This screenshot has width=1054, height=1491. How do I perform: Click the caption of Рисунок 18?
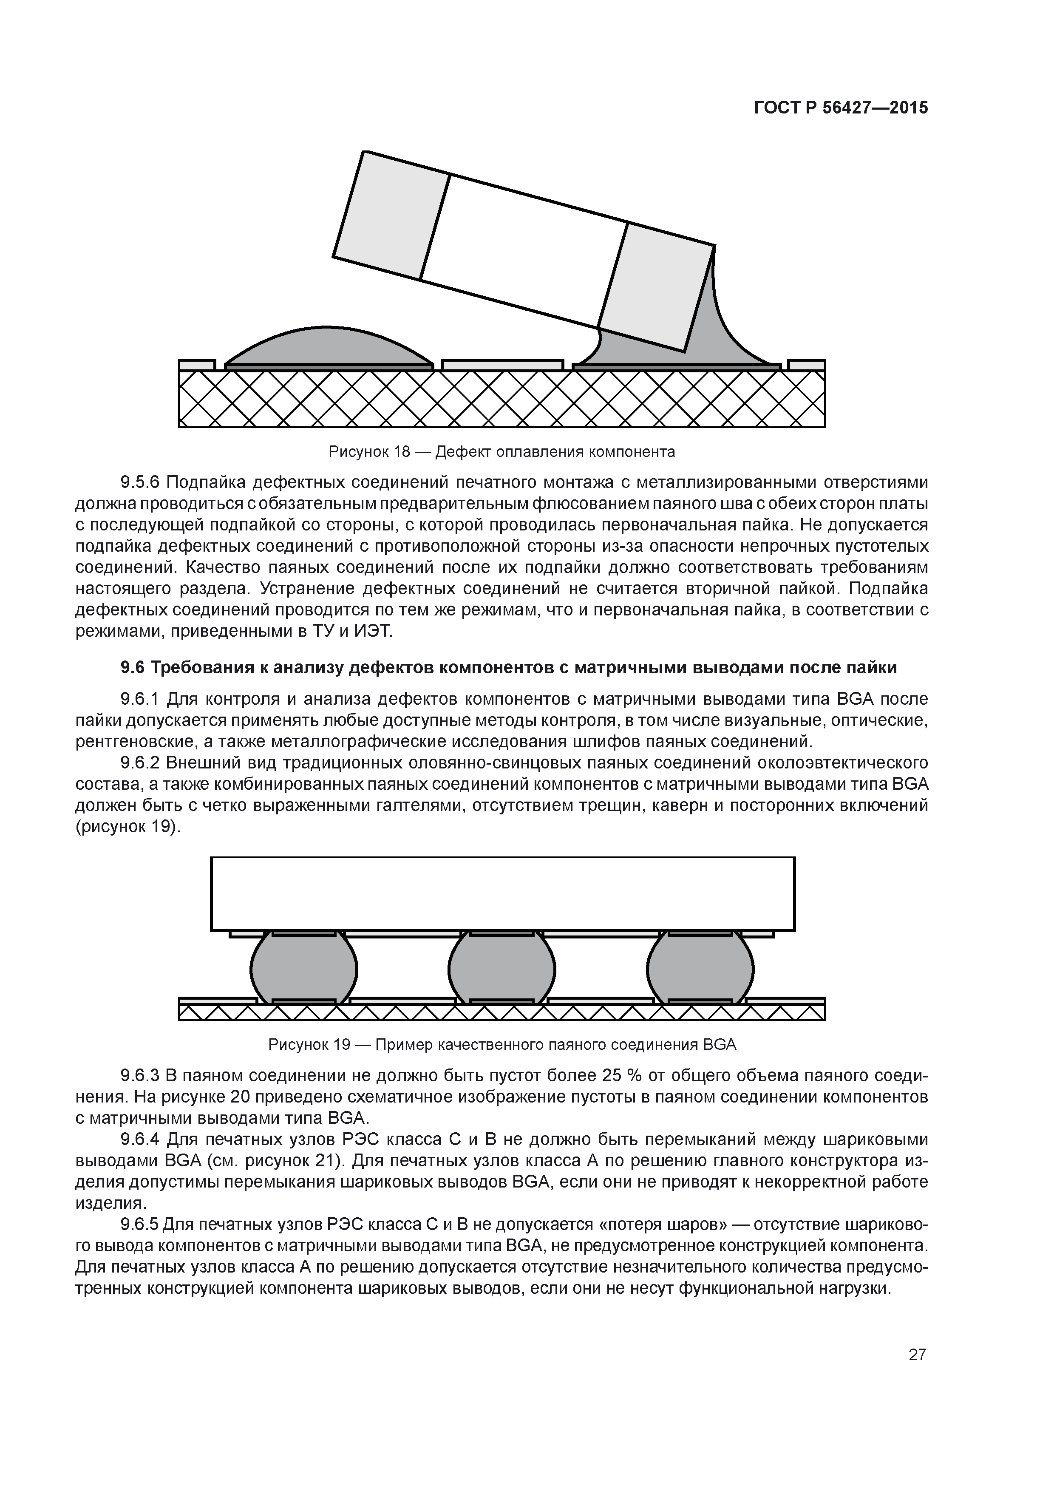pyautogui.click(x=501, y=451)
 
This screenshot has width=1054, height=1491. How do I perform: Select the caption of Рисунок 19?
pyautogui.click(x=502, y=1045)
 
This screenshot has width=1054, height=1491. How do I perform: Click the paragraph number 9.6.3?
pyautogui.click(x=140, y=1076)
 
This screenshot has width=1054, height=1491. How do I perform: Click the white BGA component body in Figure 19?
pyautogui.click(x=502, y=893)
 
